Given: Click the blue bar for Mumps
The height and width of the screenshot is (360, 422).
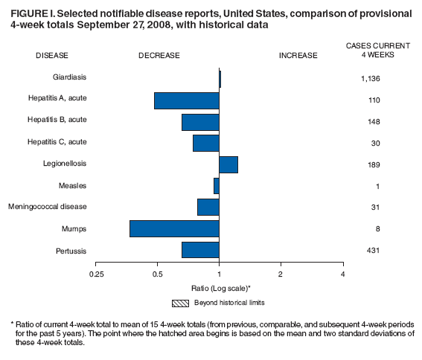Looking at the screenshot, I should coord(174,228).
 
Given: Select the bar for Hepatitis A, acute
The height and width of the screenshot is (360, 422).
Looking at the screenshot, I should coord(186,100).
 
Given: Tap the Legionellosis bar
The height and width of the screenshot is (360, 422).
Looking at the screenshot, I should coord(228,164).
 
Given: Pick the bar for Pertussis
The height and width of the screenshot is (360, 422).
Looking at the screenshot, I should coord(200,250).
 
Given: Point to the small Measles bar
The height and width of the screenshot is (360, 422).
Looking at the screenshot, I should coord(217,186).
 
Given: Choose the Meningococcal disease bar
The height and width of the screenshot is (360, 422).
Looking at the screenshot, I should coord(208,207).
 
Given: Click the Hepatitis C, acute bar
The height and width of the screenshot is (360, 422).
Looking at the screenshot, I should coord(206,143).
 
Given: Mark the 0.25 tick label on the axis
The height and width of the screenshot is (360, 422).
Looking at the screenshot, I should coord(95,274).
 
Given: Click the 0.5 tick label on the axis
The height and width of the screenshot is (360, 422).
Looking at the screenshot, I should coord(157,274).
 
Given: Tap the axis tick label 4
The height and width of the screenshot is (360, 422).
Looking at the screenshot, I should coord(342,274).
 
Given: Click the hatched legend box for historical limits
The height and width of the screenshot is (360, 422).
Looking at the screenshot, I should coord(181,303).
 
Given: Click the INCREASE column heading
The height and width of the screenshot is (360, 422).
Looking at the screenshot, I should coord(298,55).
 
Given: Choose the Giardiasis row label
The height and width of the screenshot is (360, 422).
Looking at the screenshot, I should coord(70,77).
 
